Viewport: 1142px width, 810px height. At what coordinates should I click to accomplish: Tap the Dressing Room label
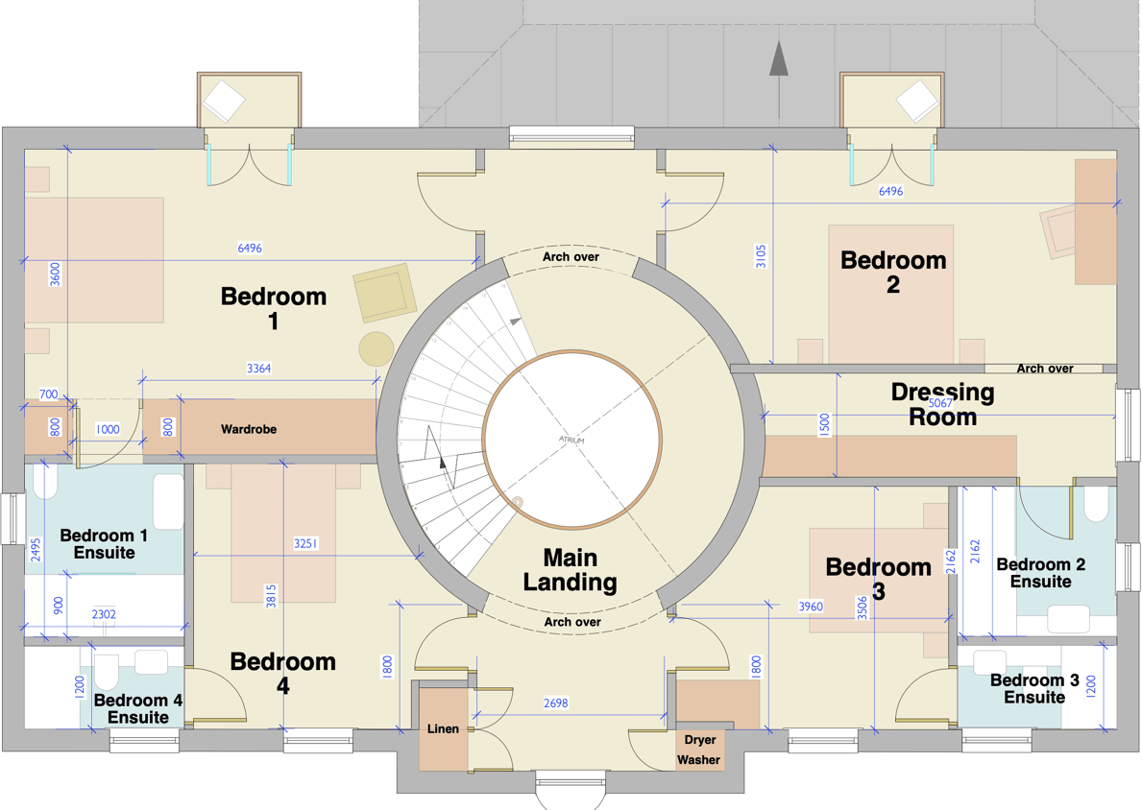coord(942,404)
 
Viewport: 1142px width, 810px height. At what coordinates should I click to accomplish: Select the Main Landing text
coord(571,570)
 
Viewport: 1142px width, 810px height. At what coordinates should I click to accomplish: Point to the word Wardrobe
coord(249,429)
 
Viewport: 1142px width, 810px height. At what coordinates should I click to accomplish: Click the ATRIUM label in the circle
coord(571,440)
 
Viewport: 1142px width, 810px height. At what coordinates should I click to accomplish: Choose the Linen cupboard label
coord(443,729)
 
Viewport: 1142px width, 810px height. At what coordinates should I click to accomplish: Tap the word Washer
coord(698,760)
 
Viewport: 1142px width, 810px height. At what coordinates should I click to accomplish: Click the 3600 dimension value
coord(55,274)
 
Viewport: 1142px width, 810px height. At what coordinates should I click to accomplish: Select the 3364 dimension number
coord(258,369)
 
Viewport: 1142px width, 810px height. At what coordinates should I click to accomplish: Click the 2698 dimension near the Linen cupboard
coord(555,703)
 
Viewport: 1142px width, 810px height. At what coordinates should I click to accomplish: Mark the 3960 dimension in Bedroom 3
coord(811,607)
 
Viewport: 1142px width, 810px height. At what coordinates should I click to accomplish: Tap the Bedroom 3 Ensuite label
coord(1034,689)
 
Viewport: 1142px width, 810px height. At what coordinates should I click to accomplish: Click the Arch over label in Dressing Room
coord(1044,369)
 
